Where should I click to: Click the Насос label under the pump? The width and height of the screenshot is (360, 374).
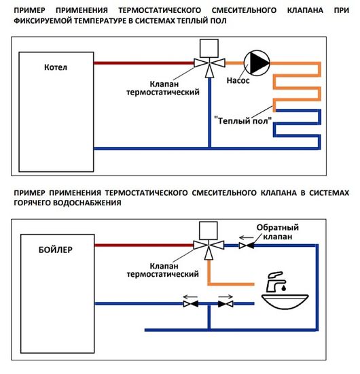pyautogui.click(x=236, y=80)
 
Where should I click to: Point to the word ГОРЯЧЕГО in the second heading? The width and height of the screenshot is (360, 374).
pyautogui.click(x=32, y=203)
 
